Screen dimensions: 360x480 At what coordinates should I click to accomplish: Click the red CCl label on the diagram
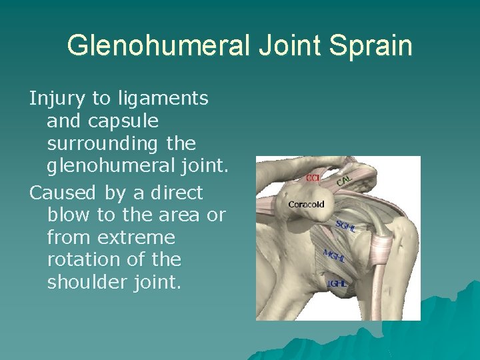coord(313,178)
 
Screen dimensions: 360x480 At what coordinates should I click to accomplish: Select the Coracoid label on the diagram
coord(307,204)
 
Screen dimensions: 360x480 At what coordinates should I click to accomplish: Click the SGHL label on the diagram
coord(346,227)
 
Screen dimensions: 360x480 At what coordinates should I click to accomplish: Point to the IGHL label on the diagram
coord(337,283)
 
